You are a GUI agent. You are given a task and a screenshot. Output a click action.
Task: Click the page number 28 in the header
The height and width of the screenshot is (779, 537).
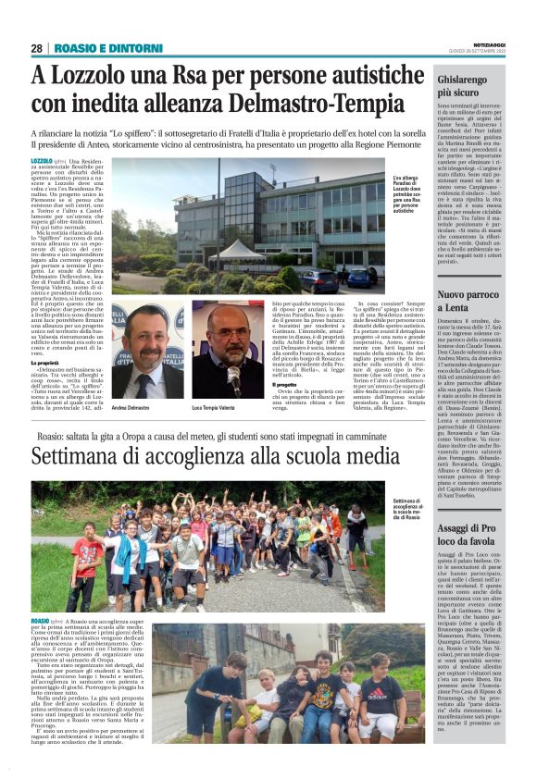click(x=36, y=48)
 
